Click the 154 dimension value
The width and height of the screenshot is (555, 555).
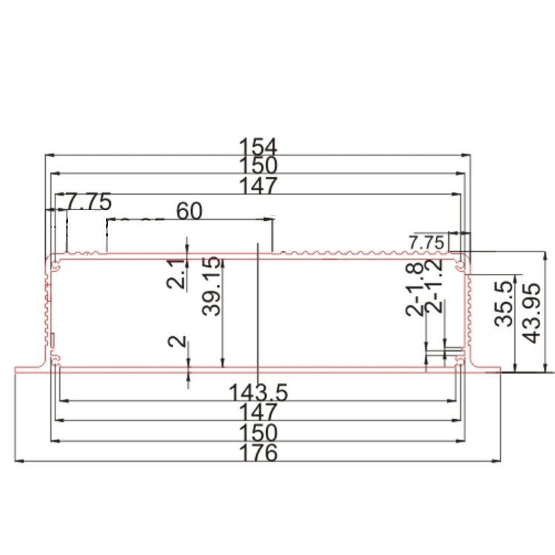(x=258, y=146)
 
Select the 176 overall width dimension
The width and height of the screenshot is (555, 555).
(x=258, y=452)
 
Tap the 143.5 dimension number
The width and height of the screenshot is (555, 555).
(x=258, y=391)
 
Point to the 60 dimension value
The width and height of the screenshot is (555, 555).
(x=189, y=211)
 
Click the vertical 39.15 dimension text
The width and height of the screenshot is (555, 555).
(x=212, y=286)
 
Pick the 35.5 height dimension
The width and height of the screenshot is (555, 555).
(x=505, y=303)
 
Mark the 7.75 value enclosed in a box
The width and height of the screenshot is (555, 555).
(x=425, y=242)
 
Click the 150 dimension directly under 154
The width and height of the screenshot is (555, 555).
(x=258, y=166)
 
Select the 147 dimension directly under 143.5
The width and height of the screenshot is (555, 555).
(x=258, y=411)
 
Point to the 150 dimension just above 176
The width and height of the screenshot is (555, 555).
(x=258, y=432)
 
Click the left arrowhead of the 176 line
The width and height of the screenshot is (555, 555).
(x=18, y=461)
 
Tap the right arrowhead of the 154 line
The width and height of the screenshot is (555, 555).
(x=468, y=155)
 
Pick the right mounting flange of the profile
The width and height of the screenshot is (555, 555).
(x=485, y=369)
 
